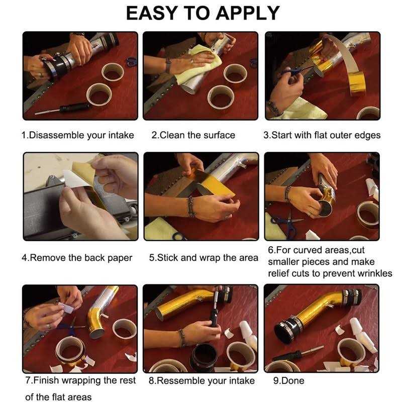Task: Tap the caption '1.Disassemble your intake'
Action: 78,135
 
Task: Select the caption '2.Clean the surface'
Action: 193,135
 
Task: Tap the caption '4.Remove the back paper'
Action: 77,258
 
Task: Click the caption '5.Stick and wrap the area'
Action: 204,258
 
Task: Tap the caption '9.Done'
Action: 288,380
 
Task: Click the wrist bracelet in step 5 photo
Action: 191,207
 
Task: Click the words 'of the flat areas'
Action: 58,396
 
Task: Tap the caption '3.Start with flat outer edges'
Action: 322,135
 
